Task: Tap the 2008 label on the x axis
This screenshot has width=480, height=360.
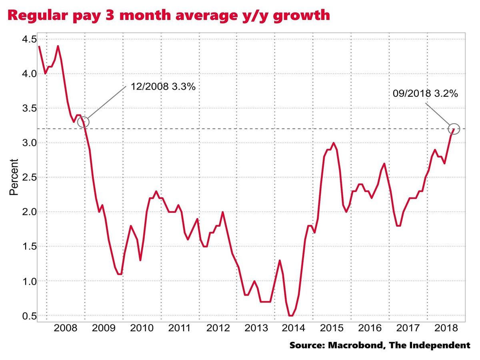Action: tap(66, 328)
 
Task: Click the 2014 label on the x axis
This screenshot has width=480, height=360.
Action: tap(294, 328)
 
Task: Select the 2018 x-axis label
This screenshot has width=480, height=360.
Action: tap(446, 328)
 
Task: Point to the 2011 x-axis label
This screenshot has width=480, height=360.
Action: tap(180, 328)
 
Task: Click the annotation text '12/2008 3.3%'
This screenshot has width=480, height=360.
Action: tap(163, 86)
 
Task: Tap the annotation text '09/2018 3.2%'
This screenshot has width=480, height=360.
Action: tap(426, 94)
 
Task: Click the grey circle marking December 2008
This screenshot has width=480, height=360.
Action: tap(84, 122)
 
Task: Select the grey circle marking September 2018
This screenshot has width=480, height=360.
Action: tap(454, 128)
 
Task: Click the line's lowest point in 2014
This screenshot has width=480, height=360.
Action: tap(291, 316)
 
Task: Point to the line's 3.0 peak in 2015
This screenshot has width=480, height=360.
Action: tap(333, 143)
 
